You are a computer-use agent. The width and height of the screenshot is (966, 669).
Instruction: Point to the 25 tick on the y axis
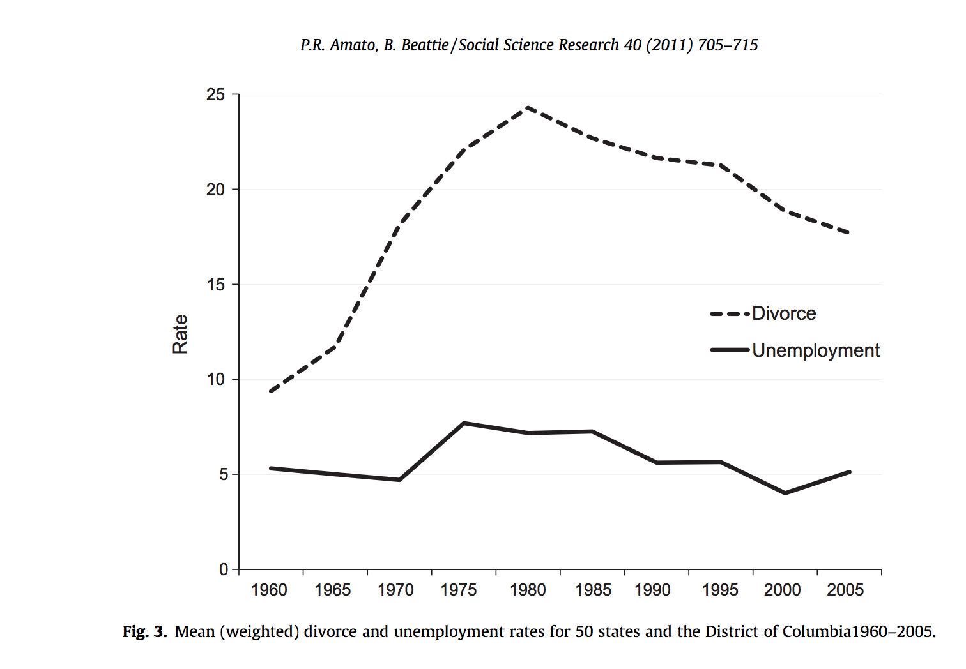[x=216, y=95]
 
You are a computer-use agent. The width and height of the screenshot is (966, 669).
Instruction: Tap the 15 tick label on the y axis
[x=216, y=285]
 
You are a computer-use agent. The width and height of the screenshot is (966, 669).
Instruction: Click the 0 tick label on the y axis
[x=223, y=569]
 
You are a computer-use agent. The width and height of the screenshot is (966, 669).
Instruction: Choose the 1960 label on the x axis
[x=269, y=590]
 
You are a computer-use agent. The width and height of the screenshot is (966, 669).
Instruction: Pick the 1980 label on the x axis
[x=528, y=590]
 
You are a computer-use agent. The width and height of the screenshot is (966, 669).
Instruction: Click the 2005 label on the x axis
[x=845, y=590]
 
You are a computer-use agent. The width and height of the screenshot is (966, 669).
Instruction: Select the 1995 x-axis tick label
[x=719, y=590]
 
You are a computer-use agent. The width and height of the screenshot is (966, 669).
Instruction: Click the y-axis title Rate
[x=180, y=334]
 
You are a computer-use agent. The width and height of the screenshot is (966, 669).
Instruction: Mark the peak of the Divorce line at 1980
[x=528, y=107]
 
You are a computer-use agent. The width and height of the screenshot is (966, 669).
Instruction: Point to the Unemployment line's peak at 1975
[x=464, y=423]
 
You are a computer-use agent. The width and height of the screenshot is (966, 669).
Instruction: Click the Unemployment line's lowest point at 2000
[x=785, y=493]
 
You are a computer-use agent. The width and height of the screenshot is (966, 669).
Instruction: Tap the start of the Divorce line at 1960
[x=271, y=391]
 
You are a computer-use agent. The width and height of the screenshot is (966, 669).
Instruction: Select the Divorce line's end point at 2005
[x=849, y=233]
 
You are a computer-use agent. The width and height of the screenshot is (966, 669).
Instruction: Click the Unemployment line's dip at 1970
[x=399, y=479]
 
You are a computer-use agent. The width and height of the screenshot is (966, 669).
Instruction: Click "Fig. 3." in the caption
[x=145, y=632]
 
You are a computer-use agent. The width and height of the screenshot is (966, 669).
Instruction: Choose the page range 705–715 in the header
[x=728, y=45]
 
